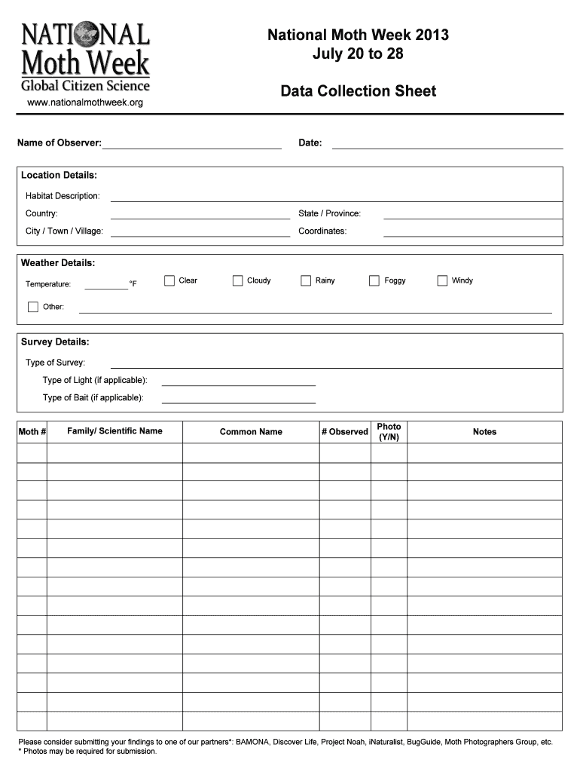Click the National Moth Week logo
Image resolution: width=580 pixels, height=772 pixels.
pyautogui.click(x=84, y=57)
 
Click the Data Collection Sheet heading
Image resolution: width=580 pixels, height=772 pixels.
pyautogui.click(x=358, y=91)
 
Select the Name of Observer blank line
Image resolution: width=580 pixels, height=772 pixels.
pyautogui.click(x=191, y=145)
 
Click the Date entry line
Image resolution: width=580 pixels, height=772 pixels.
pyautogui.click(x=447, y=145)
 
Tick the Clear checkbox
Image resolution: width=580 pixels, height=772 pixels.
pyautogui.click(x=169, y=280)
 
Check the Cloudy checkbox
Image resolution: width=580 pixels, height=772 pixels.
pyautogui.click(x=238, y=280)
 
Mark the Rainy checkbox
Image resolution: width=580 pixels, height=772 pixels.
pyautogui.click(x=306, y=280)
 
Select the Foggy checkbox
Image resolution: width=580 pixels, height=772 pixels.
pyautogui.click(x=374, y=280)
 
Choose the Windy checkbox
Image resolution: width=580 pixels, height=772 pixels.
pyautogui.click(x=442, y=280)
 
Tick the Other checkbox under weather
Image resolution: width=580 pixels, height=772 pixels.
pyautogui.click(x=33, y=307)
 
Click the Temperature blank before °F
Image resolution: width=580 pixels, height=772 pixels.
pyautogui.click(x=106, y=286)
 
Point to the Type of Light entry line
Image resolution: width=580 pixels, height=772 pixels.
pyautogui.click(x=238, y=382)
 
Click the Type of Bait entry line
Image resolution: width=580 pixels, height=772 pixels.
pyautogui.click(x=238, y=400)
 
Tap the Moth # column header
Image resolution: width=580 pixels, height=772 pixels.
pyautogui.click(x=32, y=432)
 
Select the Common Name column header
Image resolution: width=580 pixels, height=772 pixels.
pyautogui.click(x=251, y=432)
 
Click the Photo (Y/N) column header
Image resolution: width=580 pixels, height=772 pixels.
pyautogui.click(x=389, y=432)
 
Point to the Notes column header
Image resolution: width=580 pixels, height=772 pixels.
pyautogui.click(x=484, y=432)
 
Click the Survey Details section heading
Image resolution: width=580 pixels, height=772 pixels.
pyautogui.click(x=55, y=342)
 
